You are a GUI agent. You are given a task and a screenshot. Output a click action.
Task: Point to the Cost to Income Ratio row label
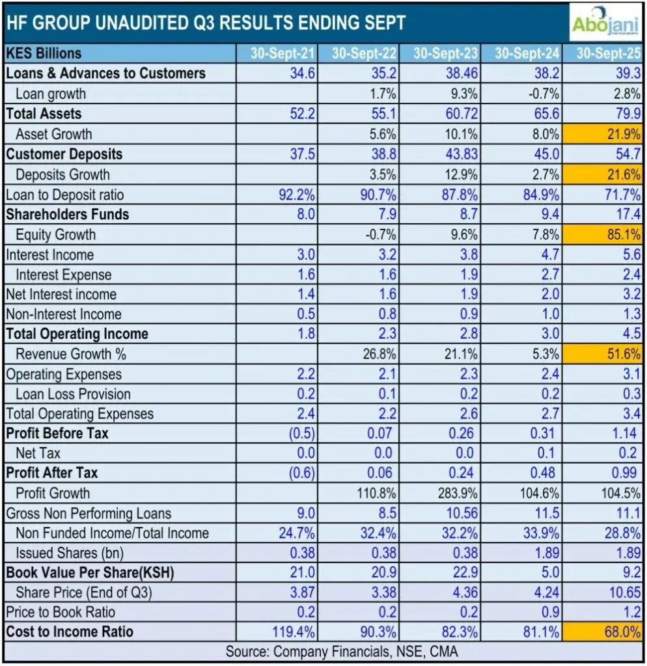coord(70,632)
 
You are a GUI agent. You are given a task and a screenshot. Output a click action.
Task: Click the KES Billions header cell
coord(44,53)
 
